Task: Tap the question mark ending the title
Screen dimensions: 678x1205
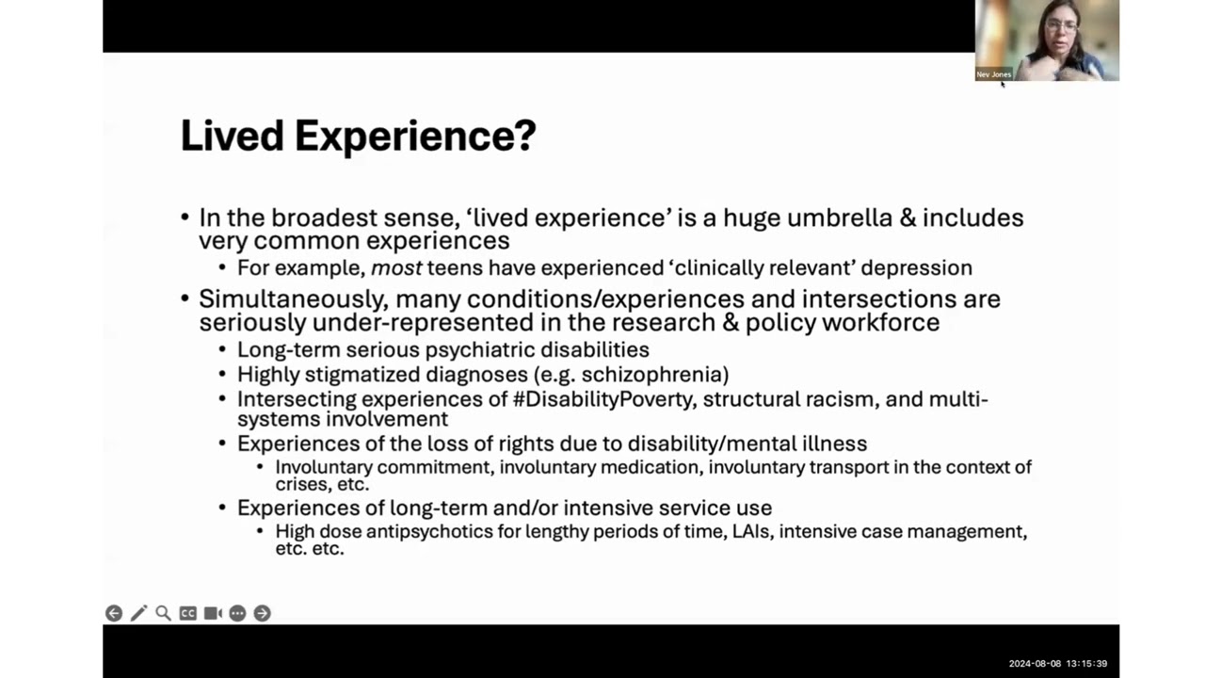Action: [x=525, y=136]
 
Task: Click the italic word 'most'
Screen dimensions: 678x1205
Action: [x=395, y=267]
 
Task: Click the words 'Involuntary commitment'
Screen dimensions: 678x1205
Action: [x=384, y=467]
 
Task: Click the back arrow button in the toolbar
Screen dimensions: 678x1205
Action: [x=114, y=613]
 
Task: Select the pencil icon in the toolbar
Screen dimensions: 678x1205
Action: [x=138, y=613]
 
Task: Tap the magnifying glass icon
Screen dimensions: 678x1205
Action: [x=163, y=613]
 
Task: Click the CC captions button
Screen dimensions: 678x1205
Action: [x=188, y=613]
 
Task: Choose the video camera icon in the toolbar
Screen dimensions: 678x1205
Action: [x=213, y=613]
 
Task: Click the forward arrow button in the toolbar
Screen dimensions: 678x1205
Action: [x=263, y=613]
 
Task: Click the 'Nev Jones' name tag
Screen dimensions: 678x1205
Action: [x=993, y=74]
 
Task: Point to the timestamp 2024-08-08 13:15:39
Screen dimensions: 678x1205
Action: [x=1057, y=664]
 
